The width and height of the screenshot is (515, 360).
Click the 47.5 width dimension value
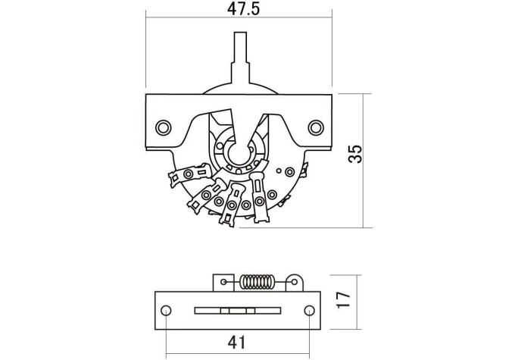(x=243, y=9)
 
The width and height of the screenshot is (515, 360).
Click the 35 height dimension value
(x=355, y=154)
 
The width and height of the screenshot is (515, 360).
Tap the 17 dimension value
(x=344, y=299)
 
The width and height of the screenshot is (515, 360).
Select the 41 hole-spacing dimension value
(x=236, y=343)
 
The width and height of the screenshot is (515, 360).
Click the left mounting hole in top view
(x=164, y=127)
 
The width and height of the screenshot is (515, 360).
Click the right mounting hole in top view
(x=316, y=127)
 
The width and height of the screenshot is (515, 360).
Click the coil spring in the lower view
(x=257, y=282)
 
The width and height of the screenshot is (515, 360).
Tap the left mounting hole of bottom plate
(x=166, y=310)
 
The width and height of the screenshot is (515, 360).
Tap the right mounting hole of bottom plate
(x=309, y=310)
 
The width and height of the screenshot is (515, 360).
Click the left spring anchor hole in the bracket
(x=223, y=282)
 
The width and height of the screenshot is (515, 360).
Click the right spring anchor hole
(x=294, y=282)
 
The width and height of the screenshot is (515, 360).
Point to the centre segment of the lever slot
(x=238, y=310)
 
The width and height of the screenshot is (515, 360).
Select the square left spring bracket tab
(x=223, y=283)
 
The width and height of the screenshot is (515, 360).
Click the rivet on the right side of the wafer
(x=290, y=172)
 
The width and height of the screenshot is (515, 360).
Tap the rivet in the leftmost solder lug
(x=189, y=174)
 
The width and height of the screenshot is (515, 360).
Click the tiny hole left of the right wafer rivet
(x=279, y=171)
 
